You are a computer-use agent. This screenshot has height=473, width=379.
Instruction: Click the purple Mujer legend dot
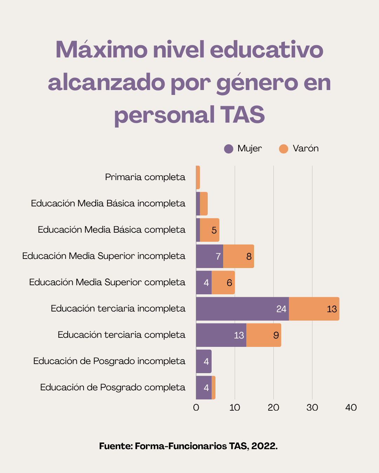coord(228,149)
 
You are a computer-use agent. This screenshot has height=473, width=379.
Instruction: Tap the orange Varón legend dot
coord(284,149)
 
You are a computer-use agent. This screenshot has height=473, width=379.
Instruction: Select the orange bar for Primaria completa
coord(198,177)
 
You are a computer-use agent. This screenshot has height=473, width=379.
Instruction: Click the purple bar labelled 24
coord(242,309)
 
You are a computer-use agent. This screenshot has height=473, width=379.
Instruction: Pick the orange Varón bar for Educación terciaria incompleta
coord(314,309)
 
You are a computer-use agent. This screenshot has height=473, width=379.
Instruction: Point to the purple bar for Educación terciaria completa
coord(221,335)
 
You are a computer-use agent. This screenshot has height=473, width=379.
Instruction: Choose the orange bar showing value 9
coord(264,335)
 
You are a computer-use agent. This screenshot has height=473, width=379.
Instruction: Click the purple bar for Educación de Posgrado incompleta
coord(204,361)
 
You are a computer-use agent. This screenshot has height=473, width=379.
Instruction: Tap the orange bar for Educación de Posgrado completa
coord(213,388)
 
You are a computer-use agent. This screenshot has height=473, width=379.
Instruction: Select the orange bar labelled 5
coord(210,230)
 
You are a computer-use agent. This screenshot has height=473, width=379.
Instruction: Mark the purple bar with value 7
coord(210,256)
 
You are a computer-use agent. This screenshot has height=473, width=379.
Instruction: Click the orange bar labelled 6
coord(223,282)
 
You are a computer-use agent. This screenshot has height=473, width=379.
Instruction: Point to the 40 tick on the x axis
coord(351,407)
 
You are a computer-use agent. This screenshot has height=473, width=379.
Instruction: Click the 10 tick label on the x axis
coord(235,407)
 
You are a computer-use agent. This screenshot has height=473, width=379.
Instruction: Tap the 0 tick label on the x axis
coord(196,407)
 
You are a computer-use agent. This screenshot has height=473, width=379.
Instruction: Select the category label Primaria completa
coord(145,177)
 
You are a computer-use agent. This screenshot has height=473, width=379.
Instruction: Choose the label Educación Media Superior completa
coord(107,282)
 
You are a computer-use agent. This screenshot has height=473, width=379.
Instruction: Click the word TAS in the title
coord(242,115)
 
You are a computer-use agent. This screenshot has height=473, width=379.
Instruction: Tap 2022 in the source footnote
coord(264,446)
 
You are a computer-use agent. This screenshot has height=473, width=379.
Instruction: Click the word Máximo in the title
coord(101,50)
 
